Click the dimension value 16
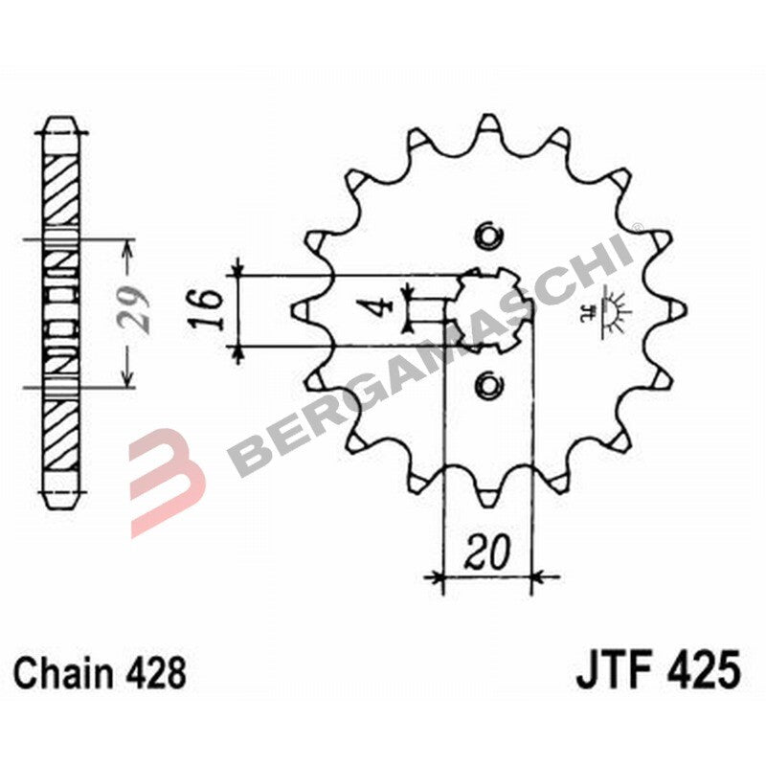click(213, 308)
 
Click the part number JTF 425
click(658, 669)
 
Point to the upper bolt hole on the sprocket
click(489, 235)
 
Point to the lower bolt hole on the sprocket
click(489, 384)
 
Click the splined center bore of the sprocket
click(488, 308)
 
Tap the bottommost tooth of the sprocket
click(488, 492)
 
